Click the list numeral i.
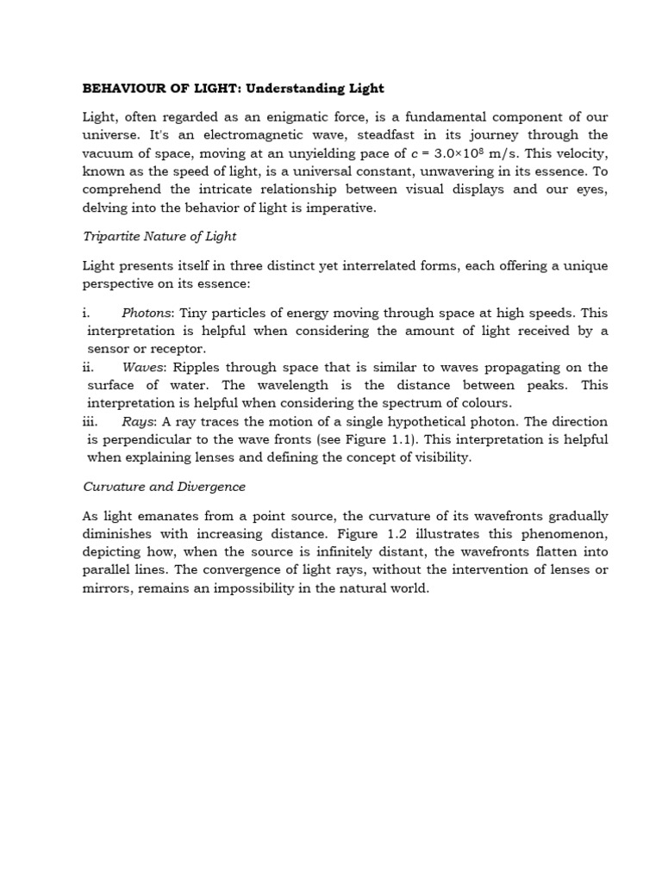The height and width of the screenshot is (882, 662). (85, 313)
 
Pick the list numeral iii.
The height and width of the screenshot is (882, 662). (90, 421)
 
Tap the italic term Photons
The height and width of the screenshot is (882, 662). (147, 313)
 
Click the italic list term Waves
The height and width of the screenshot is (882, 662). (143, 367)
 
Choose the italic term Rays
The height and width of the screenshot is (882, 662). (139, 421)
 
